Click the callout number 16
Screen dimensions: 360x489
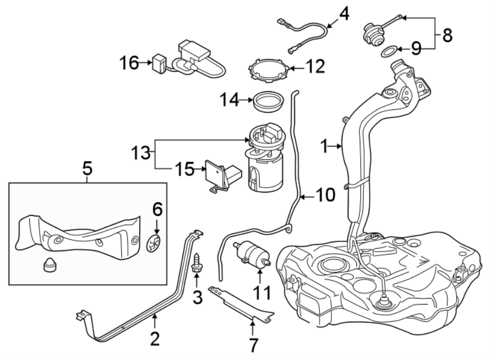[129, 63]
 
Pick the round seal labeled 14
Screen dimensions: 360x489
[268, 102]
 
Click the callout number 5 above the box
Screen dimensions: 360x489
[87, 169]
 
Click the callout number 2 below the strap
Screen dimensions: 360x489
[155, 339]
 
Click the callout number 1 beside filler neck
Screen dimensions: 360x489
[324, 146]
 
